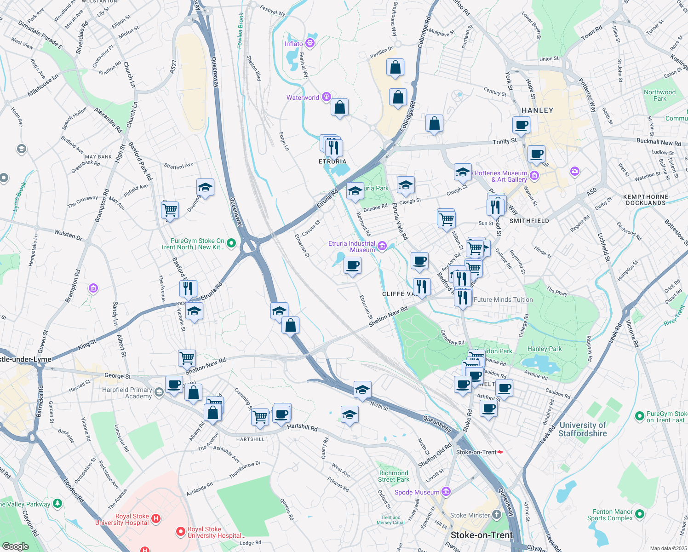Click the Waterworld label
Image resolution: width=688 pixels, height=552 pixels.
[x=303, y=98]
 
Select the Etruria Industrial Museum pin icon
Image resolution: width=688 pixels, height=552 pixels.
[x=382, y=247]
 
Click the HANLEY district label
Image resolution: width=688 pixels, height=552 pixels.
[x=537, y=110]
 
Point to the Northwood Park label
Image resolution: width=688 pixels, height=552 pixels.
[x=659, y=95]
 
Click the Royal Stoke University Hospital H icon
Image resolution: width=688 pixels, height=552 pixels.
[x=156, y=519]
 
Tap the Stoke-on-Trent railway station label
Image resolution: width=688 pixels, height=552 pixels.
[x=476, y=452]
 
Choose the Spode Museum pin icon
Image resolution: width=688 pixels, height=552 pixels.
[x=446, y=492]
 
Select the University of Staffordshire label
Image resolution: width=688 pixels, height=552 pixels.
[x=583, y=429]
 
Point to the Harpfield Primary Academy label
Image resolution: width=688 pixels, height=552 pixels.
[x=127, y=393]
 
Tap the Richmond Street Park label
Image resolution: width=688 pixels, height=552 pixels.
[x=394, y=476]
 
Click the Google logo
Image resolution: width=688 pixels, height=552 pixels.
[x=16, y=546]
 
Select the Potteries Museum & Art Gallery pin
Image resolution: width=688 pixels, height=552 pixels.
[x=534, y=175]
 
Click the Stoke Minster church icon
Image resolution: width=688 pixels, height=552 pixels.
[x=496, y=515]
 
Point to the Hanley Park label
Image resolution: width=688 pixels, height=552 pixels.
[x=545, y=349]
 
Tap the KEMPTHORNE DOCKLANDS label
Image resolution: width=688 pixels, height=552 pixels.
[x=646, y=200]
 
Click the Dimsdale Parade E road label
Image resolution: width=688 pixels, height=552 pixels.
[x=40, y=34]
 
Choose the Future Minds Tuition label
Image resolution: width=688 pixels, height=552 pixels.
[x=503, y=299]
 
